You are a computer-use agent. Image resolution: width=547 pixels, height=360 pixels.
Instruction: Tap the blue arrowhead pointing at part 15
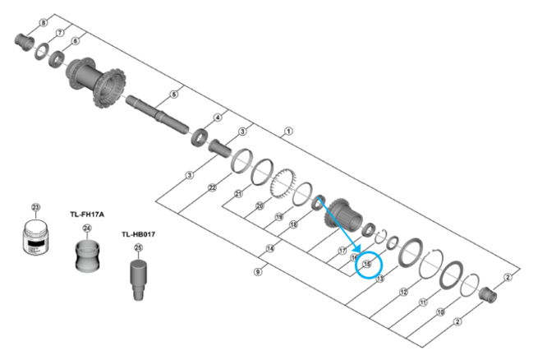(358, 250)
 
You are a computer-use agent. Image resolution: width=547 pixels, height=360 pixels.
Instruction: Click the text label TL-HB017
(138, 234)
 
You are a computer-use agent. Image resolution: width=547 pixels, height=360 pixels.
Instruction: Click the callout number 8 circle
(43, 23)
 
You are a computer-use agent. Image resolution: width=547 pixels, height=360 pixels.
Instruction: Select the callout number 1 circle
(287, 131)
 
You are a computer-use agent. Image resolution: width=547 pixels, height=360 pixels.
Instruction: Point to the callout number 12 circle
(403, 292)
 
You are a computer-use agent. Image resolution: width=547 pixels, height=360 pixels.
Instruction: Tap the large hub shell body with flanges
(92, 83)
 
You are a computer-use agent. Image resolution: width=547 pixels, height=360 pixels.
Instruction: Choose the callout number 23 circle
(34, 206)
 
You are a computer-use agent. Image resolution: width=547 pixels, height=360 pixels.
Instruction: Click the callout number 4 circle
(218, 118)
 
